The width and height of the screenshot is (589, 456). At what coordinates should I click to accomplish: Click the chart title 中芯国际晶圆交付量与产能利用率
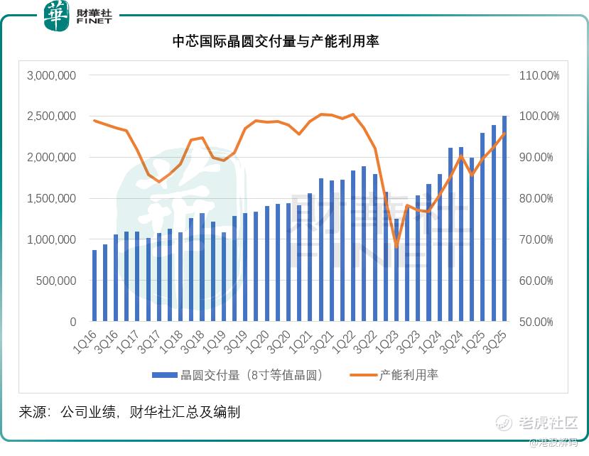pyautogui.click(x=276, y=41)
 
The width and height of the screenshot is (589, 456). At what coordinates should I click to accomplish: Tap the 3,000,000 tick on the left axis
pyautogui.click(x=50, y=75)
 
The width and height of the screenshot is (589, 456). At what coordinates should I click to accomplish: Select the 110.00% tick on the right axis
pyautogui.click(x=541, y=75)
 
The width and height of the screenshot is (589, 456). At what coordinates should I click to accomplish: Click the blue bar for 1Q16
pyautogui.click(x=94, y=286)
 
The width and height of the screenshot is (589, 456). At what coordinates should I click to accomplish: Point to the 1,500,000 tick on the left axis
pyautogui.click(x=50, y=198)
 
